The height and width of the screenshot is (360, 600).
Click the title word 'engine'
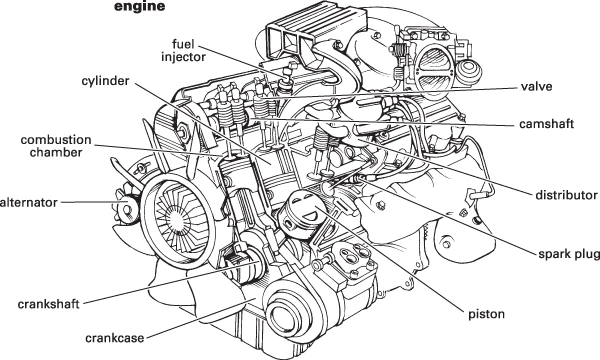tap(140, 7)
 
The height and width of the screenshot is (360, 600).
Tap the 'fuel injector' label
tap(183, 50)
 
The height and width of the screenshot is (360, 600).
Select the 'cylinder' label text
tap(105, 81)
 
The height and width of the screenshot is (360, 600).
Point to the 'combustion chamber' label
tap(56, 146)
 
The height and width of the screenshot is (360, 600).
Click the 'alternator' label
tap(29, 202)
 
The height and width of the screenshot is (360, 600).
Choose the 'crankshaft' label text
tap(49, 304)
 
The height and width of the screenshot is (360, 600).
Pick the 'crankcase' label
tap(115, 338)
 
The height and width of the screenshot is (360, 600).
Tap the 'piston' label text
tap(487, 314)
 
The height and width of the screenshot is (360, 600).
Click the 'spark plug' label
tap(569, 254)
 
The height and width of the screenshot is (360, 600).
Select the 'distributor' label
tap(566, 195)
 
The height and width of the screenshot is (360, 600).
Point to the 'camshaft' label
tap(547, 124)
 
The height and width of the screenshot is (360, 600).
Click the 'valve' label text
tap(536, 86)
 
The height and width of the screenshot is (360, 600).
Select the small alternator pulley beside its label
tap(126, 208)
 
